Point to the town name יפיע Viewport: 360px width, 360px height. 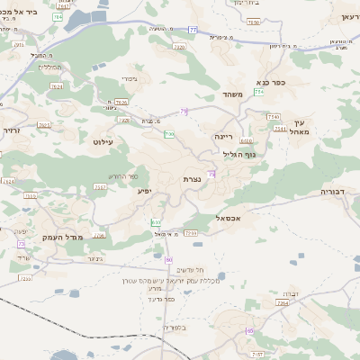pyautogui.click(x=144, y=191)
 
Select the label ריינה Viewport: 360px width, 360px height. pyautogui.click(x=222, y=136)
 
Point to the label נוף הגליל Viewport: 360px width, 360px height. pyautogui.click(x=238, y=153)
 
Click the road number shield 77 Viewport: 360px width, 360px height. pyautogui.click(x=168, y=31)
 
